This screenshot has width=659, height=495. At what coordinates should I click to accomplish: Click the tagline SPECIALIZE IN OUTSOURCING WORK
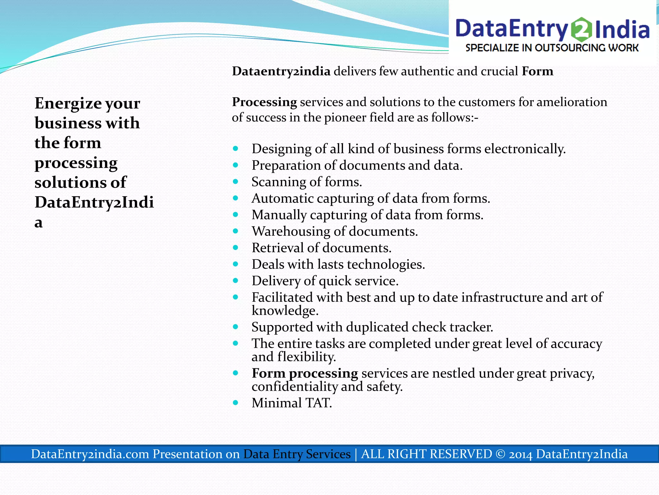click(x=552, y=48)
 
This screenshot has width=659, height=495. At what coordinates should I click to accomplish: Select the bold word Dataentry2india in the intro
click(x=281, y=71)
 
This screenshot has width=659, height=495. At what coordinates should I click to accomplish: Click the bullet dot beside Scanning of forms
click(x=236, y=182)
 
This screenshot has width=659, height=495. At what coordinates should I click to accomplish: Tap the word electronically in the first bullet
click(x=524, y=149)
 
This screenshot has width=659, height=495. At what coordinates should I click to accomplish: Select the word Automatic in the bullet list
click(x=282, y=199)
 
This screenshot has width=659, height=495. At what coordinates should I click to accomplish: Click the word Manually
click(x=279, y=215)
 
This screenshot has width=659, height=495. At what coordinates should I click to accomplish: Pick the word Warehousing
click(x=291, y=231)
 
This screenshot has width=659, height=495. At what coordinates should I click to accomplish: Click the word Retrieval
click(x=277, y=248)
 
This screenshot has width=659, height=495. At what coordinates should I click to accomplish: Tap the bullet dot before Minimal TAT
click(x=236, y=403)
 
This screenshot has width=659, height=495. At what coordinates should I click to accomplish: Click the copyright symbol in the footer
click(x=500, y=454)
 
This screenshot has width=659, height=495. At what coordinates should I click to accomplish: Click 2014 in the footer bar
click(x=520, y=454)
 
